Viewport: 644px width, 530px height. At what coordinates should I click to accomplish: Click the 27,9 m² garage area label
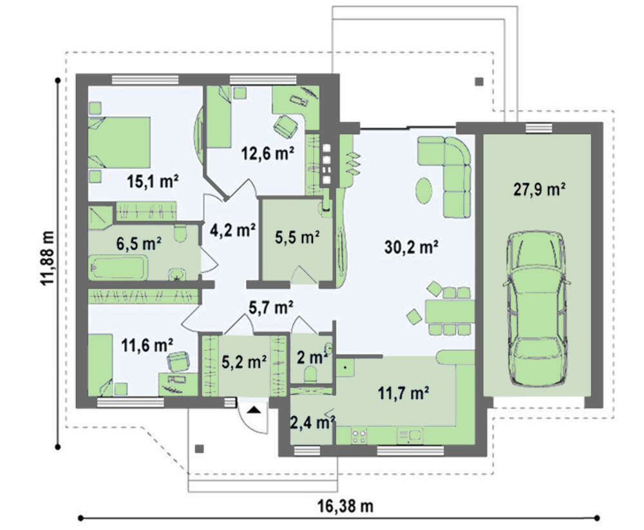(539, 190)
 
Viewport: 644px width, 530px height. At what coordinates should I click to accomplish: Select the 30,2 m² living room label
(411, 248)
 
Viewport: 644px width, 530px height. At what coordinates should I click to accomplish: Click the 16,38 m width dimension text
(345, 506)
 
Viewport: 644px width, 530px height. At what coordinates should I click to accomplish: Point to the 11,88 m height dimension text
(48, 258)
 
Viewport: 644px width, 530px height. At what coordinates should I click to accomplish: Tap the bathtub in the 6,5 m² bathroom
(118, 268)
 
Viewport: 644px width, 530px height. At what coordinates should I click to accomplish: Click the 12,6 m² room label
(268, 154)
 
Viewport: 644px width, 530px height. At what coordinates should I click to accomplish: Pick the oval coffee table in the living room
(424, 190)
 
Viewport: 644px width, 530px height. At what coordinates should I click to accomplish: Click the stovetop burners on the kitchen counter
(359, 436)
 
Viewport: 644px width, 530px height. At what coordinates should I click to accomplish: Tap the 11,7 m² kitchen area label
(403, 393)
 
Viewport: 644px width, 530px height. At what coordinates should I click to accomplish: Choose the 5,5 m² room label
(298, 237)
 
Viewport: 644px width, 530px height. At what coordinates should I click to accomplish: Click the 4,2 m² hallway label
(232, 230)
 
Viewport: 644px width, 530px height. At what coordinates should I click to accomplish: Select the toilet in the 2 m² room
(310, 374)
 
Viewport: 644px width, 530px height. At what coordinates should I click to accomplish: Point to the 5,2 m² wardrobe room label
(244, 362)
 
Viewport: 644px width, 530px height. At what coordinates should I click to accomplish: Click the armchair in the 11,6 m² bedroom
(179, 361)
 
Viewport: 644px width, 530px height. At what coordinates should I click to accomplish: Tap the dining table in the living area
(450, 311)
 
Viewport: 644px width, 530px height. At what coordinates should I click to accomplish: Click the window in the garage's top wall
(539, 128)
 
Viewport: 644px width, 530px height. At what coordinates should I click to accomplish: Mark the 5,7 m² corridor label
(270, 307)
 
